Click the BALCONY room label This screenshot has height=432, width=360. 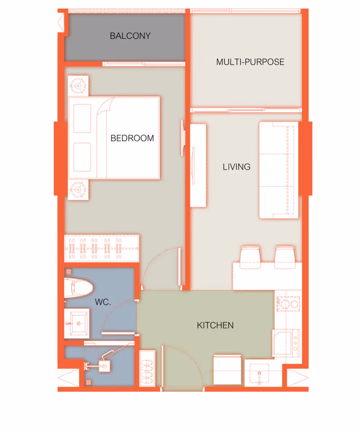(130, 36)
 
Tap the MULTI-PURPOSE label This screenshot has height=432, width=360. (250, 62)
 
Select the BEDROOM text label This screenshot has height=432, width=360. (132, 138)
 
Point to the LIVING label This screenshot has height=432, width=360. (237, 166)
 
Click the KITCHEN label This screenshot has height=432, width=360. (215, 325)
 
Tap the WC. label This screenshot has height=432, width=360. (103, 302)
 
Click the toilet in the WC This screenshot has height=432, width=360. (78, 288)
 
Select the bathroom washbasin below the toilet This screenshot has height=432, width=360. (77, 323)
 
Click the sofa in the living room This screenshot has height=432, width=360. (279, 170)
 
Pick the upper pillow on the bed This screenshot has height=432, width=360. (82, 118)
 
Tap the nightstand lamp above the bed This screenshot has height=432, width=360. (78, 85)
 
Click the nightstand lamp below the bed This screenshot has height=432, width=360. (78, 189)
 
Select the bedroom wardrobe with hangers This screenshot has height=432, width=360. (102, 248)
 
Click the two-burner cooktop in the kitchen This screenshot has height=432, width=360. (288, 304)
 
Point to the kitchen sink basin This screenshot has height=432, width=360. (259, 373)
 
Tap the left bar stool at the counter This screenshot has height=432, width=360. (250, 257)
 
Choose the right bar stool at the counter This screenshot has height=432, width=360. (285, 257)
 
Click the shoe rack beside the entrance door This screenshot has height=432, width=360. (147, 369)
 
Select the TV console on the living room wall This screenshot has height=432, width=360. (198, 166)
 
